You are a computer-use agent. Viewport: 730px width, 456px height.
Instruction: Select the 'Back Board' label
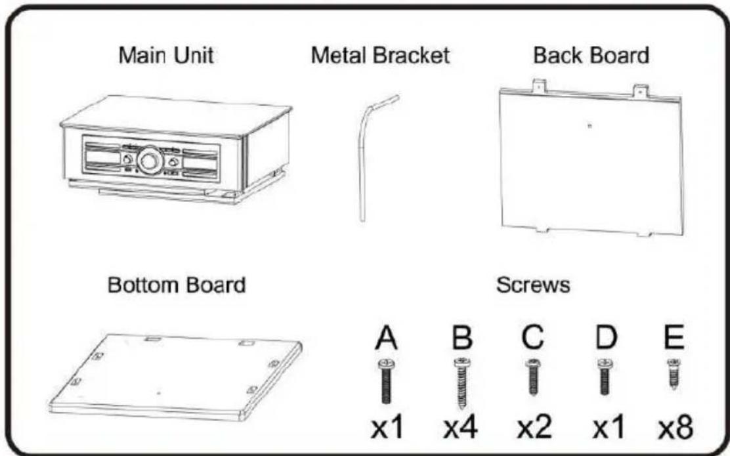click(x=591, y=56)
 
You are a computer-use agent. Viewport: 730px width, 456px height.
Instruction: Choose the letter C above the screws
click(x=533, y=339)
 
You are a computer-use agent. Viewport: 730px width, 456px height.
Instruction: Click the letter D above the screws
click(x=605, y=339)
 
